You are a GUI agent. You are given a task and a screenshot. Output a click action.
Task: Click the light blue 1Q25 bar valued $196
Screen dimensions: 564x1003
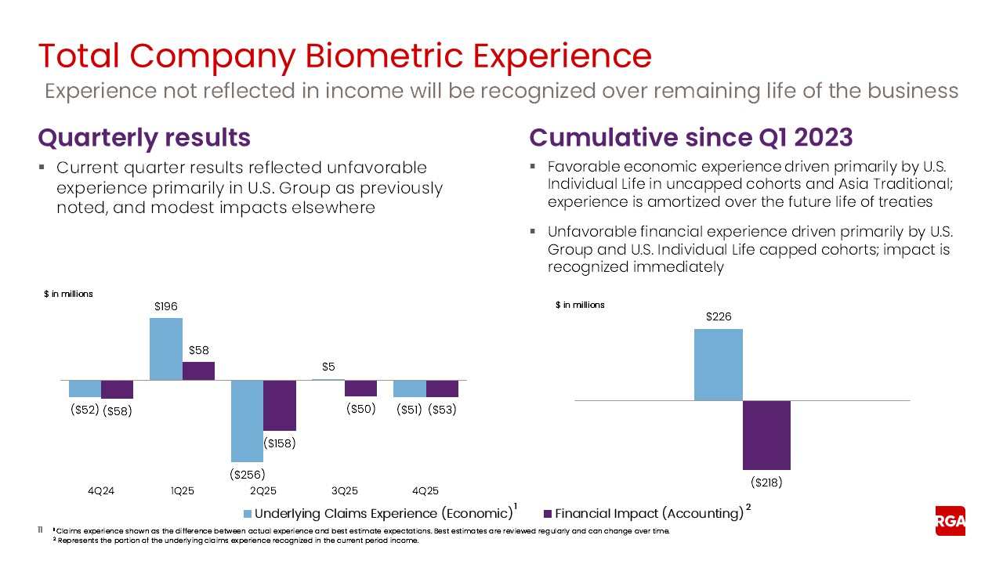tap(165, 349)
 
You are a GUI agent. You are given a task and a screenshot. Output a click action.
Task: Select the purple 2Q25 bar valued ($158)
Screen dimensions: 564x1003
tap(279, 405)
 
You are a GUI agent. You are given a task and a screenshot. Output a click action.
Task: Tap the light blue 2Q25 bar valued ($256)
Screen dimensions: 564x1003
tap(247, 421)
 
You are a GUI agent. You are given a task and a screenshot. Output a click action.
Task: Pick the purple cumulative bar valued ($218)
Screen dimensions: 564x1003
tap(766, 435)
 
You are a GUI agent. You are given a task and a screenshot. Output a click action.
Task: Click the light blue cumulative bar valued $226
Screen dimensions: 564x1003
tap(718, 364)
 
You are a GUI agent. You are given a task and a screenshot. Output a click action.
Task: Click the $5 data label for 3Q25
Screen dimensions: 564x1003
tap(328, 366)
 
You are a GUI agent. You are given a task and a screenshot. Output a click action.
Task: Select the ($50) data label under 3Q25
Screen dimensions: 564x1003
tap(360, 409)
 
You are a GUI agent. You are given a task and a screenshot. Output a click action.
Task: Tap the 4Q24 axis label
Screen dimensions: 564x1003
tap(100, 491)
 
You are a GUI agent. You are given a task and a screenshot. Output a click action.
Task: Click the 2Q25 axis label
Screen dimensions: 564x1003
tap(263, 491)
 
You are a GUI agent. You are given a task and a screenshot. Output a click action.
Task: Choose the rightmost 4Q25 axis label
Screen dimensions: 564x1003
tap(425, 491)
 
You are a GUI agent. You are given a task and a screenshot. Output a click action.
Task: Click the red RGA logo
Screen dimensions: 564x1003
tap(950, 521)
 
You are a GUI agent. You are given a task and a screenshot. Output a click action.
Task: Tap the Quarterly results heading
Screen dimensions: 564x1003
tap(144, 138)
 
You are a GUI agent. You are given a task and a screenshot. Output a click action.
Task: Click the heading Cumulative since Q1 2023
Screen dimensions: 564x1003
tap(690, 138)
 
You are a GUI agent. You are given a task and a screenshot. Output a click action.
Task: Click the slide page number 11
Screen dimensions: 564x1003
tap(42, 530)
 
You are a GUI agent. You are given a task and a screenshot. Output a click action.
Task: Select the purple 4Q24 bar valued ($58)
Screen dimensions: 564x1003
tap(117, 389)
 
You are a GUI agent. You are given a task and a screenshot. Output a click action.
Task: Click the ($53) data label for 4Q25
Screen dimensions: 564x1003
tap(442, 409)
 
